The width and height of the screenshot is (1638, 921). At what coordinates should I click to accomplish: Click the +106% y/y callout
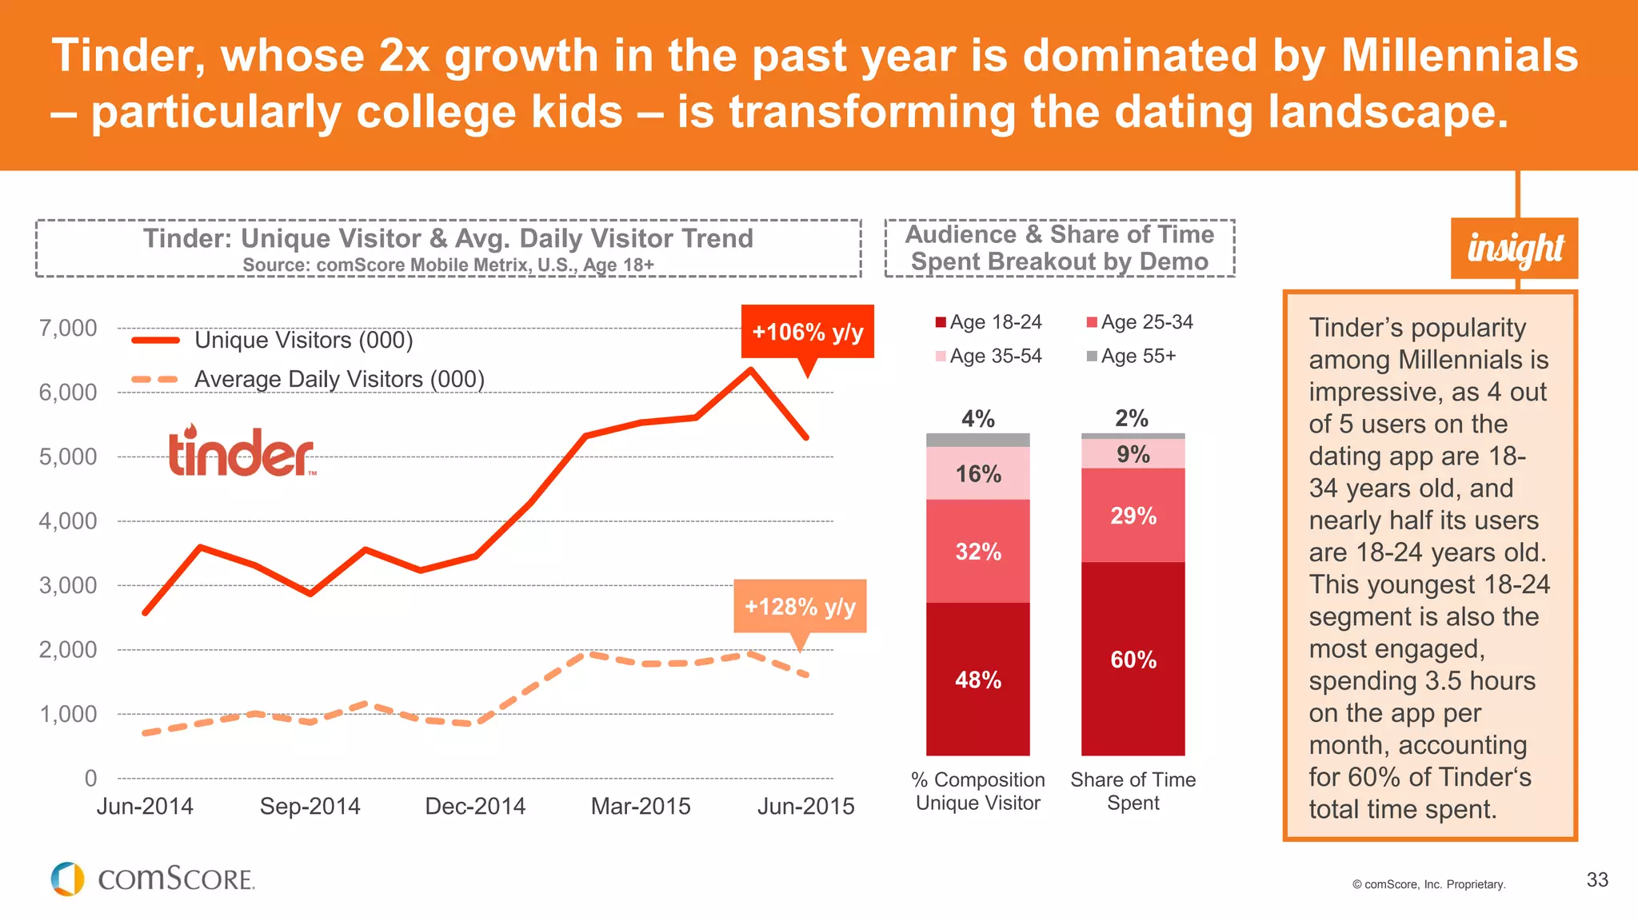tap(807, 332)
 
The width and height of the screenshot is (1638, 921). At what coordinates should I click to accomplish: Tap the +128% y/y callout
tap(800, 606)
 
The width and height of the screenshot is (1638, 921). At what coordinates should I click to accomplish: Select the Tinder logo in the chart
tap(242, 452)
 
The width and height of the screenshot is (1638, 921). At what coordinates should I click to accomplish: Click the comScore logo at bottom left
tap(153, 879)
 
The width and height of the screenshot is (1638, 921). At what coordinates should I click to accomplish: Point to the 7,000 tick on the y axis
tap(68, 328)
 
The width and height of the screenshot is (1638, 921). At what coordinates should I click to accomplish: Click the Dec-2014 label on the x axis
tap(475, 806)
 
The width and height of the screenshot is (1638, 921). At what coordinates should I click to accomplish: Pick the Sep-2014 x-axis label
tap(310, 806)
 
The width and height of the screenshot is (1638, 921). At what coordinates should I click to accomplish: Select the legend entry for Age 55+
tap(1131, 356)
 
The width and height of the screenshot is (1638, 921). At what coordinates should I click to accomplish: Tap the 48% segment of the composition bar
tap(977, 679)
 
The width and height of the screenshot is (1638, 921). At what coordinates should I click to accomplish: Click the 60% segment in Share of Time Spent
tap(1133, 659)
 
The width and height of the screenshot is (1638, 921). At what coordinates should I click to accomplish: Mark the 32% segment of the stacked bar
tap(977, 551)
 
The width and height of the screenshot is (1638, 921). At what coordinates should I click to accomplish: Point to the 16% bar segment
tap(977, 473)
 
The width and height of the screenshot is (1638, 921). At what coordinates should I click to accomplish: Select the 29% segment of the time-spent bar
tap(1133, 515)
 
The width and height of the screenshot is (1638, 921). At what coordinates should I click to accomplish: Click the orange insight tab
tap(1514, 249)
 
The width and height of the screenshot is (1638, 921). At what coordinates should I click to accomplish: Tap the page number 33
tap(1596, 879)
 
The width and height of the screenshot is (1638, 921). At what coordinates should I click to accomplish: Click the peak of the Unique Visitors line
tap(750, 369)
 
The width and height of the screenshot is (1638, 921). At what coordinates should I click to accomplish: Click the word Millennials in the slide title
tap(1459, 56)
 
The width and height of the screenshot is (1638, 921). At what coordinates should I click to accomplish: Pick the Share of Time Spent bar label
tap(1133, 791)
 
